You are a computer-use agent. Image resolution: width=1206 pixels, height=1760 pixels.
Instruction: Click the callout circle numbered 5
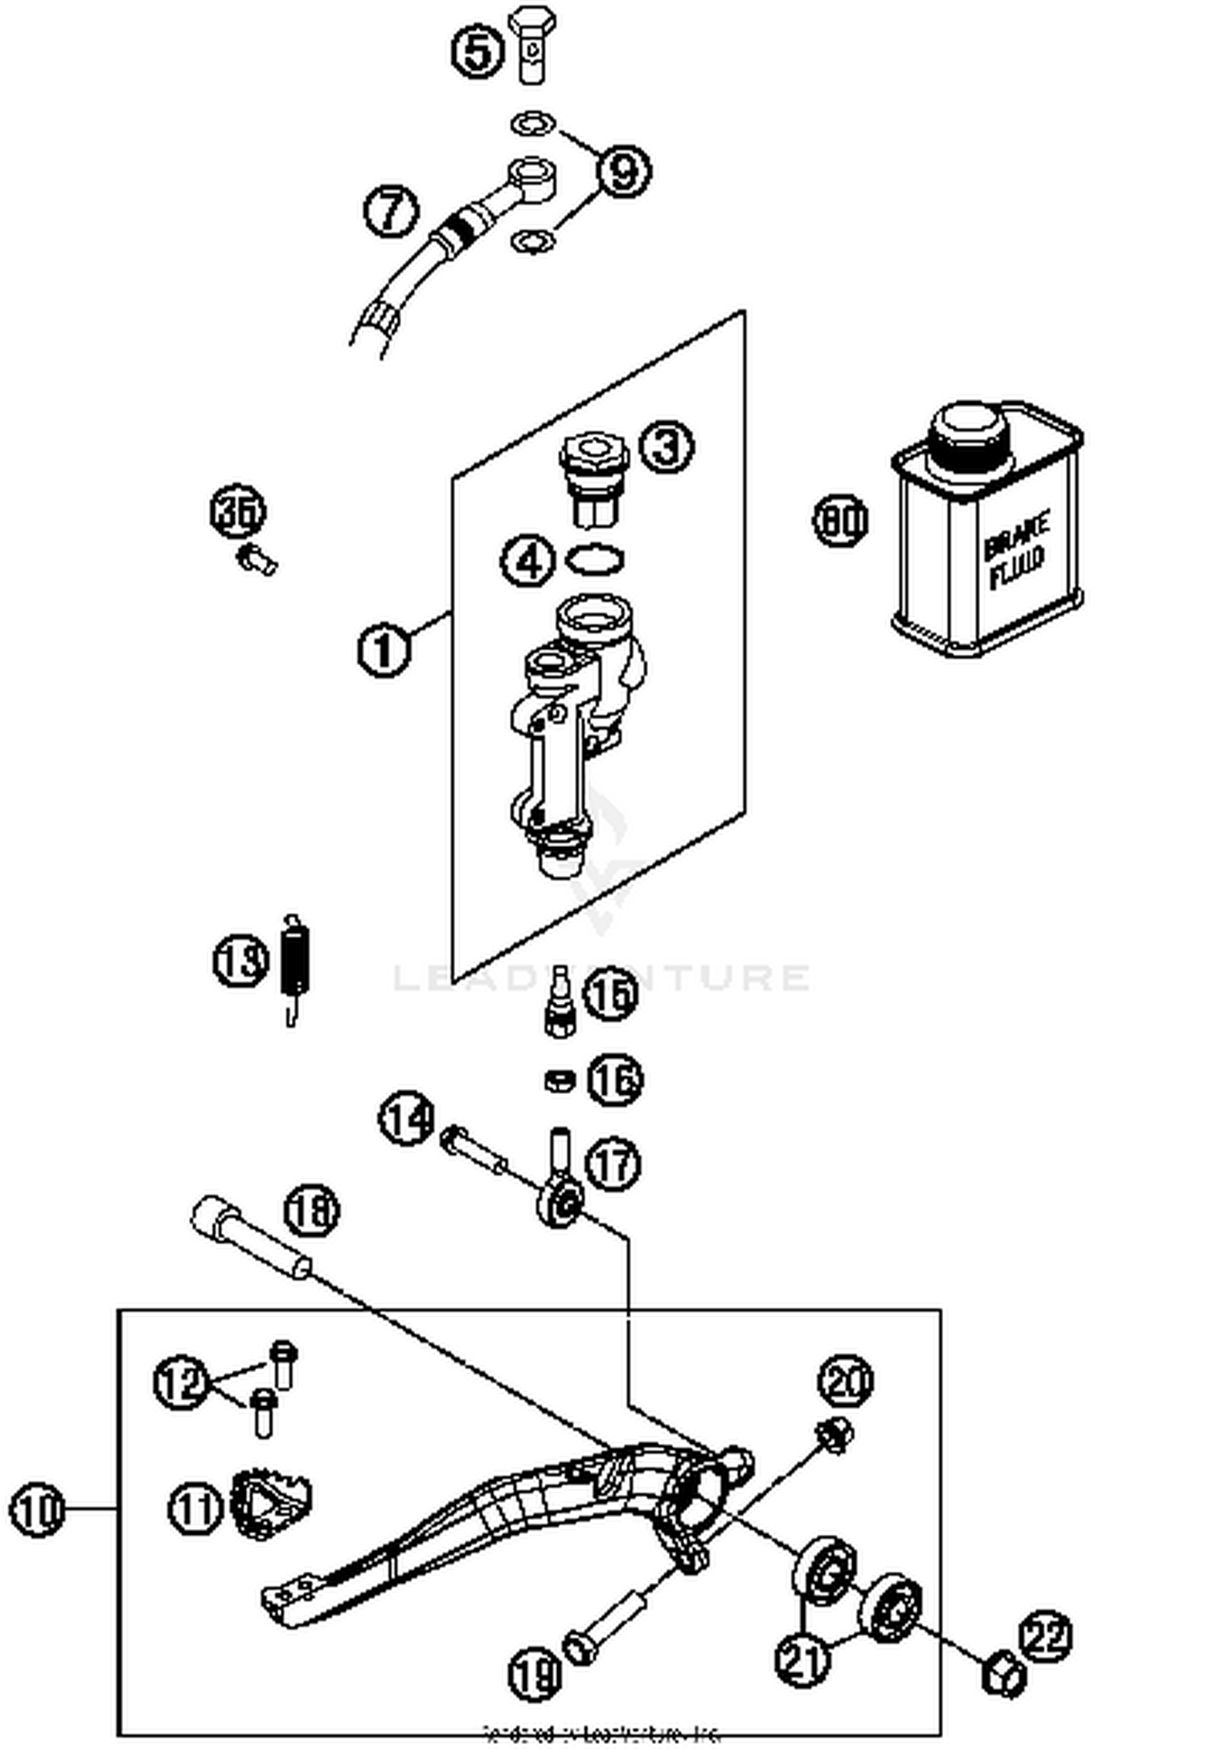(x=478, y=51)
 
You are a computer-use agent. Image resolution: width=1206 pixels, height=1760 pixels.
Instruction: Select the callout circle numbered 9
(x=623, y=171)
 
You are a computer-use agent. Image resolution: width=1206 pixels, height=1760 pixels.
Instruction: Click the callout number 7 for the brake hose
(x=391, y=212)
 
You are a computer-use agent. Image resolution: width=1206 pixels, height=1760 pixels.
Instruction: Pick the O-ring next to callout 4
(x=596, y=559)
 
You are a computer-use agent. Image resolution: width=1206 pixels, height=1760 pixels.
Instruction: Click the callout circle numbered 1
(x=384, y=650)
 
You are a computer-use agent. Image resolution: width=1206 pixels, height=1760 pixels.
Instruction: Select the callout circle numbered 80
(x=840, y=520)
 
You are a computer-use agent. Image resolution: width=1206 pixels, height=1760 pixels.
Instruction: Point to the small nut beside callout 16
(x=558, y=1080)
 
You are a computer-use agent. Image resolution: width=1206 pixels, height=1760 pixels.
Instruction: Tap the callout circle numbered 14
(x=407, y=1118)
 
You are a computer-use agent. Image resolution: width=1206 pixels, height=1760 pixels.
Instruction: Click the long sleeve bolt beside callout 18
(x=248, y=1239)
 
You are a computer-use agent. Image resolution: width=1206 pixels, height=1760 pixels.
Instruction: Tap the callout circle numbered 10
(x=36, y=1510)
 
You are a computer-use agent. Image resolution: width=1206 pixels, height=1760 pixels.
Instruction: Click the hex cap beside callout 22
(x=1003, y=1676)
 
